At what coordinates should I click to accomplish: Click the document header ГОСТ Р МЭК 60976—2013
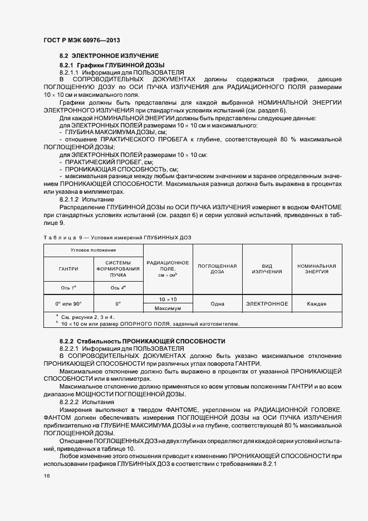point(81,41)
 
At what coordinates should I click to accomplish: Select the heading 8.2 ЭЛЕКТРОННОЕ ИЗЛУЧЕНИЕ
point(109,56)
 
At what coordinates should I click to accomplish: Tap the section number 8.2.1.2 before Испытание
point(70,199)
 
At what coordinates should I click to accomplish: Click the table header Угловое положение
point(93,250)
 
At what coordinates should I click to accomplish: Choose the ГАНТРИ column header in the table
point(68,269)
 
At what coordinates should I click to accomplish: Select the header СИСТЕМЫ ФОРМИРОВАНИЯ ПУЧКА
point(118,268)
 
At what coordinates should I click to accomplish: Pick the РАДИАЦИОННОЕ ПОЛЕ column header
point(167,269)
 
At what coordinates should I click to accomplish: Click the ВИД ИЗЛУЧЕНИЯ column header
point(267,269)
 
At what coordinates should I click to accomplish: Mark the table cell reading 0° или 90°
point(68,304)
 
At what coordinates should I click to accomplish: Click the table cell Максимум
point(167,308)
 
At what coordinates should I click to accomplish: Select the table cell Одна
point(217,304)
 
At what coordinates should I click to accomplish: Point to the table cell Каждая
point(316,304)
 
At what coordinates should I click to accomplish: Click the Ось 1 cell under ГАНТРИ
point(68,288)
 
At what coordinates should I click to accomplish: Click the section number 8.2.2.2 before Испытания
point(70,401)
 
